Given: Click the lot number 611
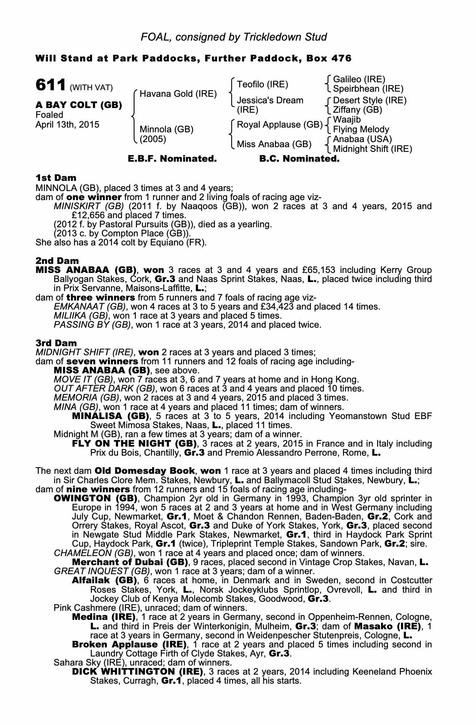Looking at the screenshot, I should pyautogui.click(x=50, y=86).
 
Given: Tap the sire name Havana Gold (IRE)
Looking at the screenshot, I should pyautogui.click(x=178, y=94).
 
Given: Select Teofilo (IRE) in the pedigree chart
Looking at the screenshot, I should pyautogui.click(x=262, y=84).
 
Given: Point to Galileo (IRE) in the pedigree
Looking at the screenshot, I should pyautogui.click(x=359, y=79).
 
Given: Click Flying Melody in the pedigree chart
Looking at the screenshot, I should pyautogui.click(x=361, y=129).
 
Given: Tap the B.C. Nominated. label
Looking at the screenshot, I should pyautogui.click(x=300, y=159).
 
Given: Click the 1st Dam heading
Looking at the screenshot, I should pyautogui.click(x=56, y=178).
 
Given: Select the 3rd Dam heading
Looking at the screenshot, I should pyautogui.click(x=56, y=343).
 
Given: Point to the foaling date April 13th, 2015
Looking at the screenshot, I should pyautogui.click(x=67, y=124).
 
